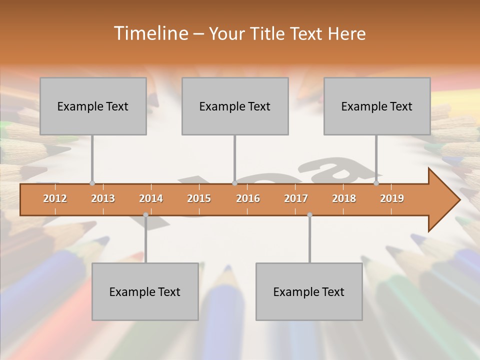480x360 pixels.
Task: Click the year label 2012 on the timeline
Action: pyautogui.click(x=55, y=198)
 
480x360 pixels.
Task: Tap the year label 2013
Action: pyautogui.click(x=103, y=198)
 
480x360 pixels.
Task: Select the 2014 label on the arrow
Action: pyautogui.click(x=151, y=198)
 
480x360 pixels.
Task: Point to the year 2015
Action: pyautogui.click(x=199, y=198)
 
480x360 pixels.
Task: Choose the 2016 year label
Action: pyautogui.click(x=248, y=198)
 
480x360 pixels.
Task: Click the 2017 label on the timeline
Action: pyautogui.click(x=296, y=198)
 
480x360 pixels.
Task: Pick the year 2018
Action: pyautogui.click(x=344, y=198)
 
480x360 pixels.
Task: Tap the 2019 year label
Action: pyautogui.click(x=392, y=198)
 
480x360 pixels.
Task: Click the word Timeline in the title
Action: pyautogui.click(x=150, y=33)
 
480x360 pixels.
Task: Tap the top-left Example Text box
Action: pyautogui.click(x=93, y=106)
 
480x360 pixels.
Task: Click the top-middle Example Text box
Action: pyautogui.click(x=235, y=106)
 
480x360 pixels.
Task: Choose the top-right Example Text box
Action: pyautogui.click(x=377, y=106)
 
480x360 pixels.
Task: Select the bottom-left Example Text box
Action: pyautogui.click(x=145, y=291)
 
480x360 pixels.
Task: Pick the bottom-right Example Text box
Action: pyautogui.click(x=309, y=291)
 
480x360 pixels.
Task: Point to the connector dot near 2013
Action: pyautogui.click(x=92, y=183)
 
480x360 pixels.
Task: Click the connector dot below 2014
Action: pyautogui.click(x=145, y=215)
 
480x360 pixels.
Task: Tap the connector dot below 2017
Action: pyautogui.click(x=309, y=215)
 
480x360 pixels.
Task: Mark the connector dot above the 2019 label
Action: pyautogui.click(x=376, y=183)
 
